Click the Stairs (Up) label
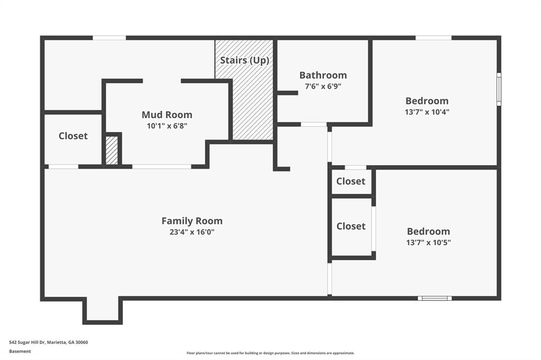(244, 60)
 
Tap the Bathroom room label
(323, 75)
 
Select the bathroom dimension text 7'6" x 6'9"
(323, 87)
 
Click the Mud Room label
(167, 115)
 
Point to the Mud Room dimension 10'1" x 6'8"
(167, 126)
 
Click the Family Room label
(192, 221)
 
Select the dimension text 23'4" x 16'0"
(192, 232)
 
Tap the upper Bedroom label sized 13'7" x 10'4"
(427, 100)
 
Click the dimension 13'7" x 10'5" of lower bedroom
(428, 243)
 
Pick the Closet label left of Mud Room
(73, 136)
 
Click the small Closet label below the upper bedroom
(351, 181)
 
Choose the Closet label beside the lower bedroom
(351, 226)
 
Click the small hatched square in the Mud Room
(111, 150)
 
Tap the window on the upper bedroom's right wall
(498, 89)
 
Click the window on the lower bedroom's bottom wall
(434, 298)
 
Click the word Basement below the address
(20, 351)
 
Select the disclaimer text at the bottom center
(270, 353)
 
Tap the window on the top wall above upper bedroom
(433, 38)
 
